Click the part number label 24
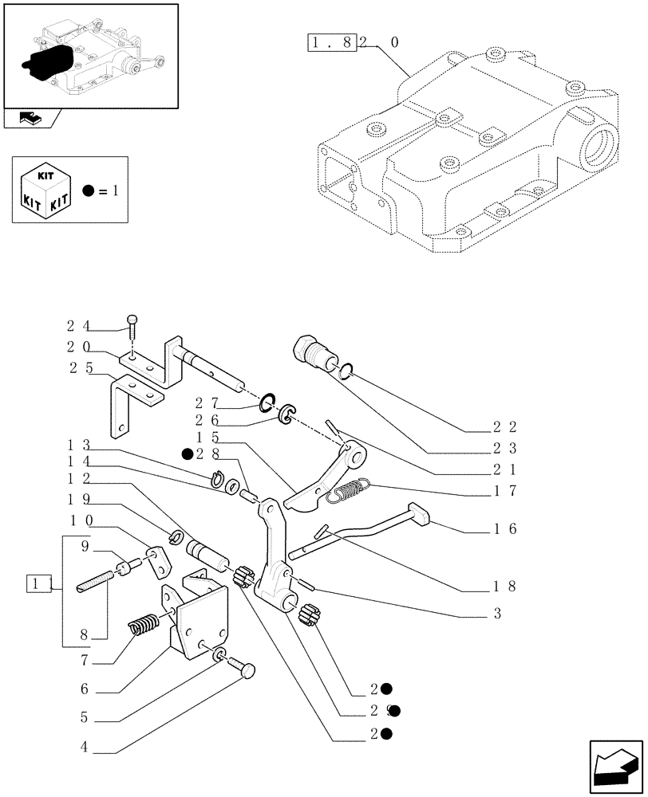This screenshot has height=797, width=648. click(77, 325)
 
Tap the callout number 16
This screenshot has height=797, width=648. click(506, 528)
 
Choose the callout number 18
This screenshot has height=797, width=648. click(506, 586)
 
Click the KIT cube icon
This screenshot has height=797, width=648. click(45, 192)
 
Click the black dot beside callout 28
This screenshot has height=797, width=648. click(186, 454)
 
